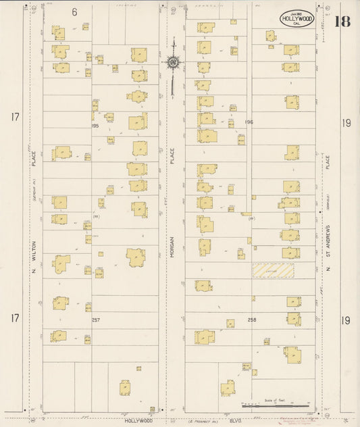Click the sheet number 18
(x=342, y=20)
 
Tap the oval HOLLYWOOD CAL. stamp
(x=297, y=19)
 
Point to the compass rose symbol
(x=173, y=63)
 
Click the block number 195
(x=95, y=126)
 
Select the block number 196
(x=249, y=122)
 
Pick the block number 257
(x=95, y=319)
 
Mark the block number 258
(x=252, y=320)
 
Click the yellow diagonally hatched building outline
(x=274, y=270)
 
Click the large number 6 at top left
(x=74, y=12)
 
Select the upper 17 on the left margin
(x=15, y=118)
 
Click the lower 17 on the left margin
(x=15, y=318)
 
